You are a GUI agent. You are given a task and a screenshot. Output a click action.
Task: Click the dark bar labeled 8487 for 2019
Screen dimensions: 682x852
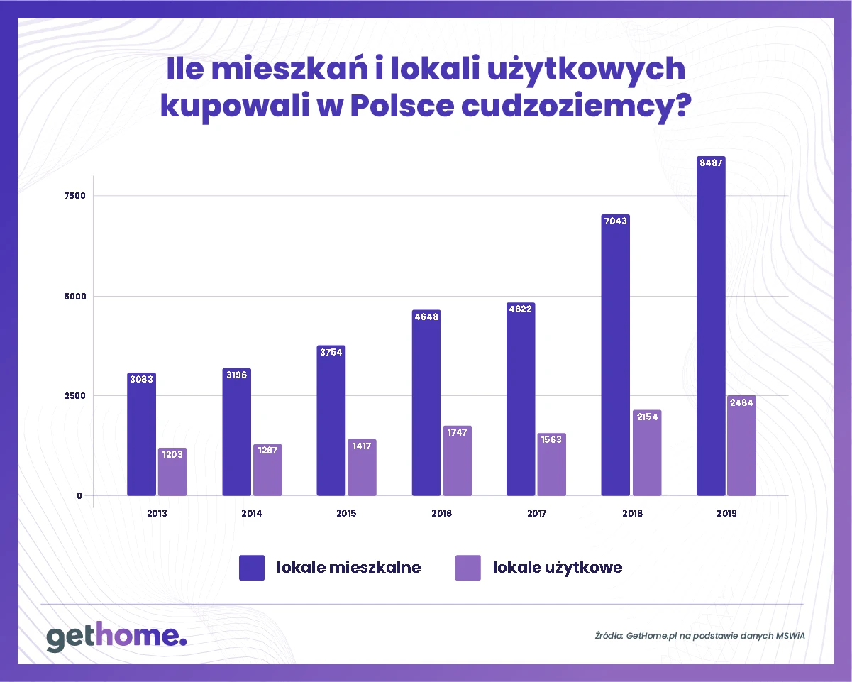[711, 326]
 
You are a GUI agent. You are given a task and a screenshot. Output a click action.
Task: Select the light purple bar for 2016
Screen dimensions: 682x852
[458, 461]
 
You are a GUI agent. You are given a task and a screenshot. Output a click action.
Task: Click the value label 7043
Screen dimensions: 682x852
[615, 221]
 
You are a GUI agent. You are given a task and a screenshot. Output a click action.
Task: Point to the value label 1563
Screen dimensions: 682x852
[552, 439]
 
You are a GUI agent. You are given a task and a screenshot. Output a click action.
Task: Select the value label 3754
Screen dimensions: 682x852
[331, 352]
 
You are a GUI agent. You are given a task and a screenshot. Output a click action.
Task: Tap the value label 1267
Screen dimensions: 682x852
[267, 451]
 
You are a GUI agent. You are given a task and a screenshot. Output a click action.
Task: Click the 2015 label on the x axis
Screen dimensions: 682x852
[346, 513]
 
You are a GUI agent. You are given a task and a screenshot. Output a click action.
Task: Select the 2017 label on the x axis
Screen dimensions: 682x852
[536, 513]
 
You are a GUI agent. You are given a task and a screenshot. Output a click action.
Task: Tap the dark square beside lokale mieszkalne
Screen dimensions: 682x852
[252, 568]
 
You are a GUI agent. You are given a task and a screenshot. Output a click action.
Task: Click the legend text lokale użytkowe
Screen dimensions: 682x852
[557, 568]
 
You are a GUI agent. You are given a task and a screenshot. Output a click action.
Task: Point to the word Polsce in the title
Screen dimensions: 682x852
[399, 106]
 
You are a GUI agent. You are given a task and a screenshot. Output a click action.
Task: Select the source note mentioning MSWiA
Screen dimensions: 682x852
[699, 635]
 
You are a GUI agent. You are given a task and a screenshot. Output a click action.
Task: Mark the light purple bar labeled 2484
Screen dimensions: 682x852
[741, 446]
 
